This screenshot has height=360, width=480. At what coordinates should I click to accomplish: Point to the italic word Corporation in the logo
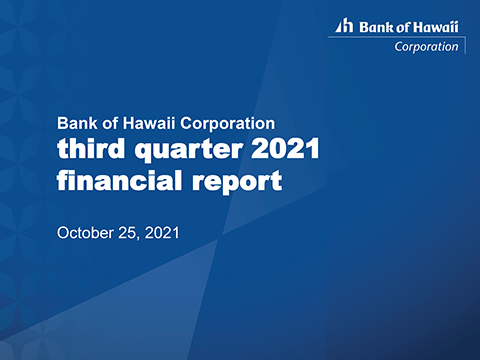click(x=427, y=45)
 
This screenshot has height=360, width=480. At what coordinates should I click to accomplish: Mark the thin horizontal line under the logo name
click(x=395, y=36)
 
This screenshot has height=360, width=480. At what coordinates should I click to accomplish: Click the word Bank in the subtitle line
click(x=76, y=124)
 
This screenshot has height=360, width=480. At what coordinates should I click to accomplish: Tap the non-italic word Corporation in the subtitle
click(x=225, y=124)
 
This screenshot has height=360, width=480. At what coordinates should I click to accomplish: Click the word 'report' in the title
click(x=237, y=185)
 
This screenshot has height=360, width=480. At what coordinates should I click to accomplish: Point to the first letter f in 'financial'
click(x=64, y=182)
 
